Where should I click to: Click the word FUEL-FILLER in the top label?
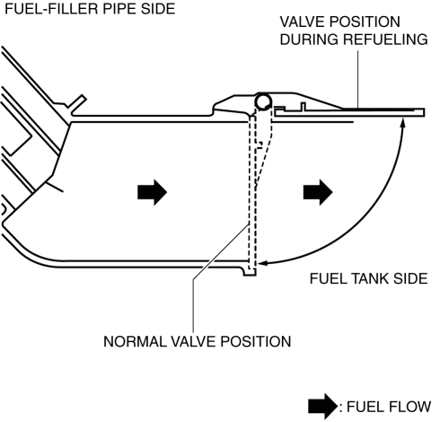pos(52,9)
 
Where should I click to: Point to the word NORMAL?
pos(135,341)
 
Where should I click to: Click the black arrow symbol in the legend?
pos(322,407)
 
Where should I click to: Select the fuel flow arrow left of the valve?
pos(152,192)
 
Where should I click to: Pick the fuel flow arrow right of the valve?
pos(318,192)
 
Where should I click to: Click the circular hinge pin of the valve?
pos(263,101)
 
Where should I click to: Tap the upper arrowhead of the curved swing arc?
pos(403,123)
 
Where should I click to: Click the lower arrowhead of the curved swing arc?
pos(263,263)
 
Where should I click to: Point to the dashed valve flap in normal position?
pos(252,191)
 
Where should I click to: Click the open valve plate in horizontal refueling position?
pos(349,112)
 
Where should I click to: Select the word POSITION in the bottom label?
pos(256,341)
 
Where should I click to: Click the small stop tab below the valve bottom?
pos(250,272)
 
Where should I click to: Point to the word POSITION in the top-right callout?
pos(364,22)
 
